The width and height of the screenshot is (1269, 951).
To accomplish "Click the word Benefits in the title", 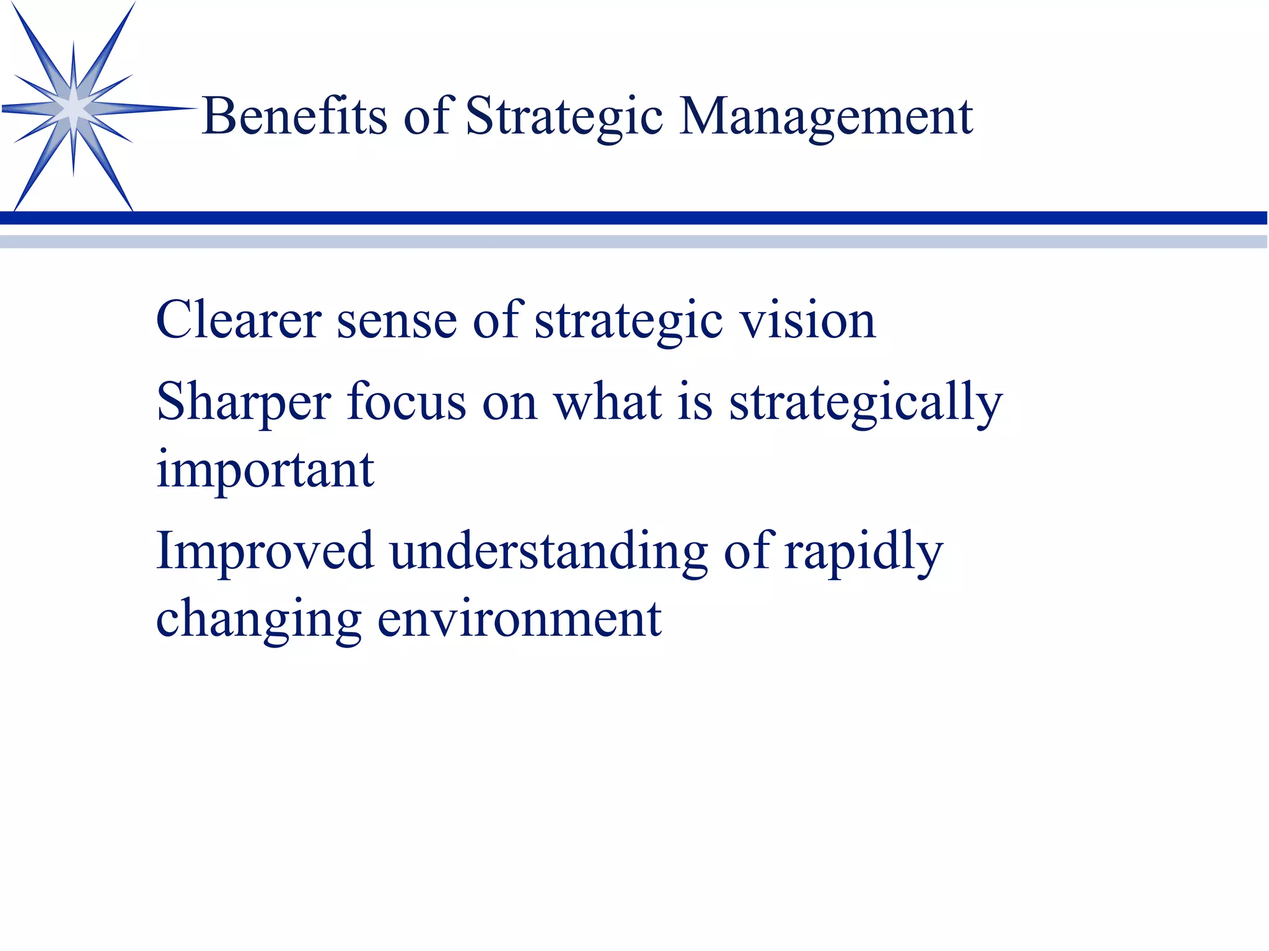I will pyautogui.click(x=294, y=116).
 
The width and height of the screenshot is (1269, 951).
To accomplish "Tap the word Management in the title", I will pyautogui.click(x=825, y=116).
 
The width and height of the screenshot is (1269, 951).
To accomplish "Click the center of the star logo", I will pyautogui.click(x=74, y=108).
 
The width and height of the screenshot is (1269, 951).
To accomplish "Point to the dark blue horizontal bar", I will pyautogui.click(x=634, y=218).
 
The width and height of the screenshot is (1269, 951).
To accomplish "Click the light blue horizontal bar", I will pyautogui.click(x=634, y=241).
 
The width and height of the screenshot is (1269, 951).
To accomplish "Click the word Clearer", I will pyautogui.click(x=239, y=320).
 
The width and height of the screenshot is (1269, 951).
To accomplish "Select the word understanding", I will pyautogui.click(x=548, y=551).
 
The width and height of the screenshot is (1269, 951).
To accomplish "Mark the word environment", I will pyautogui.click(x=519, y=619).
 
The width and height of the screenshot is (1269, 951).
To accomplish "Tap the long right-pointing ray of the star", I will pyautogui.click(x=149, y=109).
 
